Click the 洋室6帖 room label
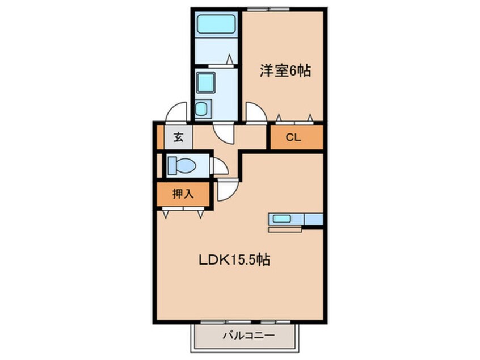pos(285,72)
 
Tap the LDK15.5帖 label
pos(233,260)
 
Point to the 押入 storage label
pos(183,194)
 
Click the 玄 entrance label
pos(178,137)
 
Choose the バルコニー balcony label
pos(244,336)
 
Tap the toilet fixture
pos(181,166)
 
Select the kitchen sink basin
pos(281,219)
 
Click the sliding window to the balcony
pos(245,323)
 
